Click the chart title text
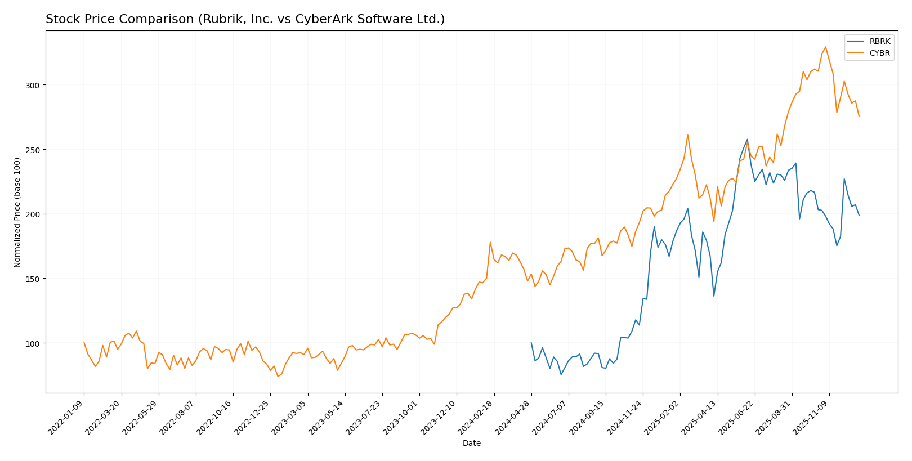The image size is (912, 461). click(x=245, y=19)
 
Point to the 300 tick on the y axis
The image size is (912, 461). click(x=33, y=85)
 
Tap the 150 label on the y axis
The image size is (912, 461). click(x=33, y=279)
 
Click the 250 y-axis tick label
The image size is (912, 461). click(x=33, y=150)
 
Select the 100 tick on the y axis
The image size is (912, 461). click(x=33, y=343)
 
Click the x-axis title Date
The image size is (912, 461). click(x=471, y=443)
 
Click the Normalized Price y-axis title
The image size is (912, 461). click(x=17, y=212)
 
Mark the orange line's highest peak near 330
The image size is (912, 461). click(x=825, y=47)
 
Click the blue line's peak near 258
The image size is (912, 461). click(x=747, y=140)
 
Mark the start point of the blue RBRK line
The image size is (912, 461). click(x=531, y=343)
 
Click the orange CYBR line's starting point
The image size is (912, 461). click(x=84, y=343)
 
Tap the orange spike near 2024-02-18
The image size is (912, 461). click(x=490, y=243)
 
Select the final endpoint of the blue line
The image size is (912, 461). click(x=859, y=216)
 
